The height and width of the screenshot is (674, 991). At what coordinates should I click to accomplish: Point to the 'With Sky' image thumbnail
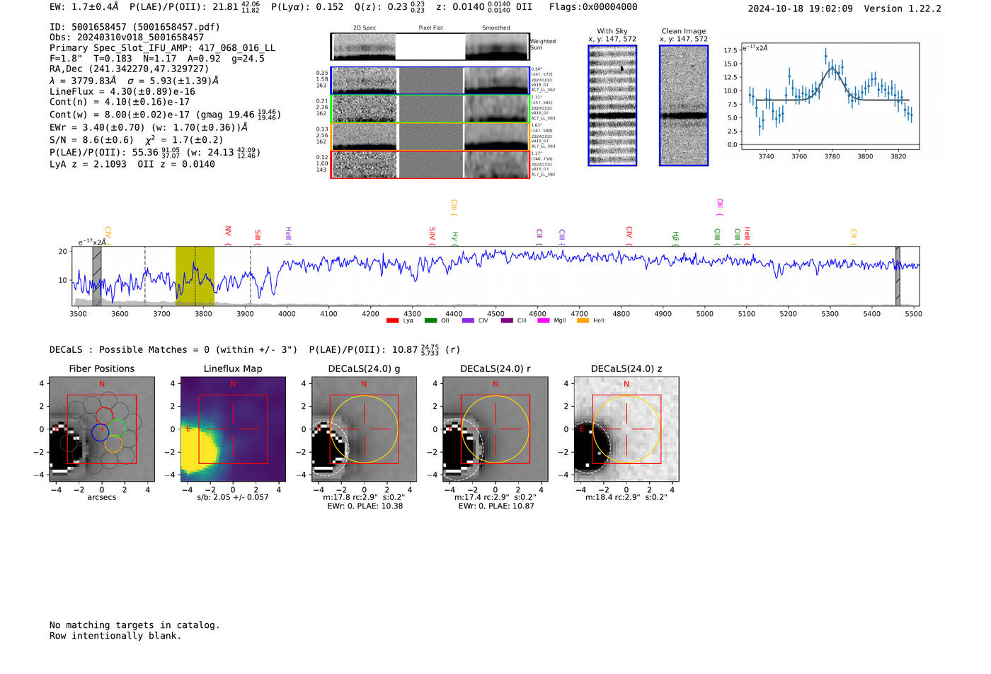click(612, 105)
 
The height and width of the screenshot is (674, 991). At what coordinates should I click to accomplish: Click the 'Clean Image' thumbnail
click(683, 105)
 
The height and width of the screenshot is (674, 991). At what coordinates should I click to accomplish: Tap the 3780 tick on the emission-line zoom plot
click(832, 156)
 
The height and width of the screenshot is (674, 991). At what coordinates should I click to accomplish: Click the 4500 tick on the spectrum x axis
click(495, 313)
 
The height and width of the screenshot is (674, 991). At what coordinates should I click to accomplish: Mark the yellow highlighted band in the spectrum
click(195, 276)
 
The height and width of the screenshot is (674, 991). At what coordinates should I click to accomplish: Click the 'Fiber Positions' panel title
click(101, 368)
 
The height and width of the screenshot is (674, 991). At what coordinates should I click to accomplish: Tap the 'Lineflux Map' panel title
click(233, 368)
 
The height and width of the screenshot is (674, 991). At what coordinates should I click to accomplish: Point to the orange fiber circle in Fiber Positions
click(113, 444)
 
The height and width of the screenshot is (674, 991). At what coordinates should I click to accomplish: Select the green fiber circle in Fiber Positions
click(117, 428)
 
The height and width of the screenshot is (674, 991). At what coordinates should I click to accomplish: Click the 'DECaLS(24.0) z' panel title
click(626, 368)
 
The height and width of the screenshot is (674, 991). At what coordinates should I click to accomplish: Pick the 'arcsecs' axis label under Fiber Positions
click(101, 497)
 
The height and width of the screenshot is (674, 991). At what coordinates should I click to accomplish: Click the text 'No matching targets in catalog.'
click(134, 625)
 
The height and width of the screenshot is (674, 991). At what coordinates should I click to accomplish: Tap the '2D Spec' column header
click(365, 28)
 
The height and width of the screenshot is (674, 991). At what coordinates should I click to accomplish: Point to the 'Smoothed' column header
click(495, 28)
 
